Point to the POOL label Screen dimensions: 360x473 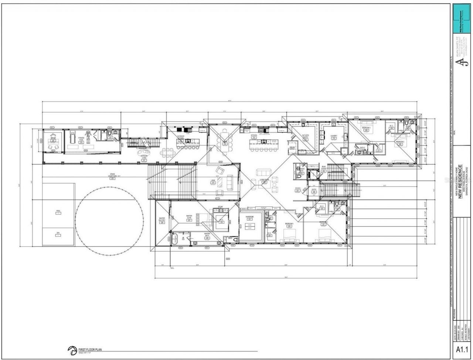pos(58,212)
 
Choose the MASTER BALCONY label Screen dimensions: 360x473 pos(162,219)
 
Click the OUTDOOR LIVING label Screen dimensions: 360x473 pos(144,157)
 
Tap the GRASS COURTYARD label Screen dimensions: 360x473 pos(116,176)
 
